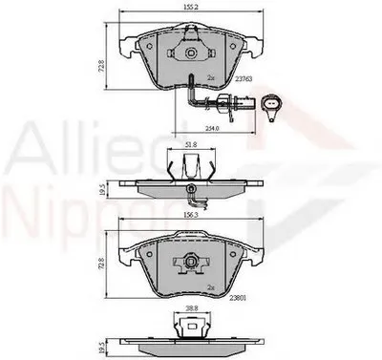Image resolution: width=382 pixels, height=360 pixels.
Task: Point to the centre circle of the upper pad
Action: click(192, 55)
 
